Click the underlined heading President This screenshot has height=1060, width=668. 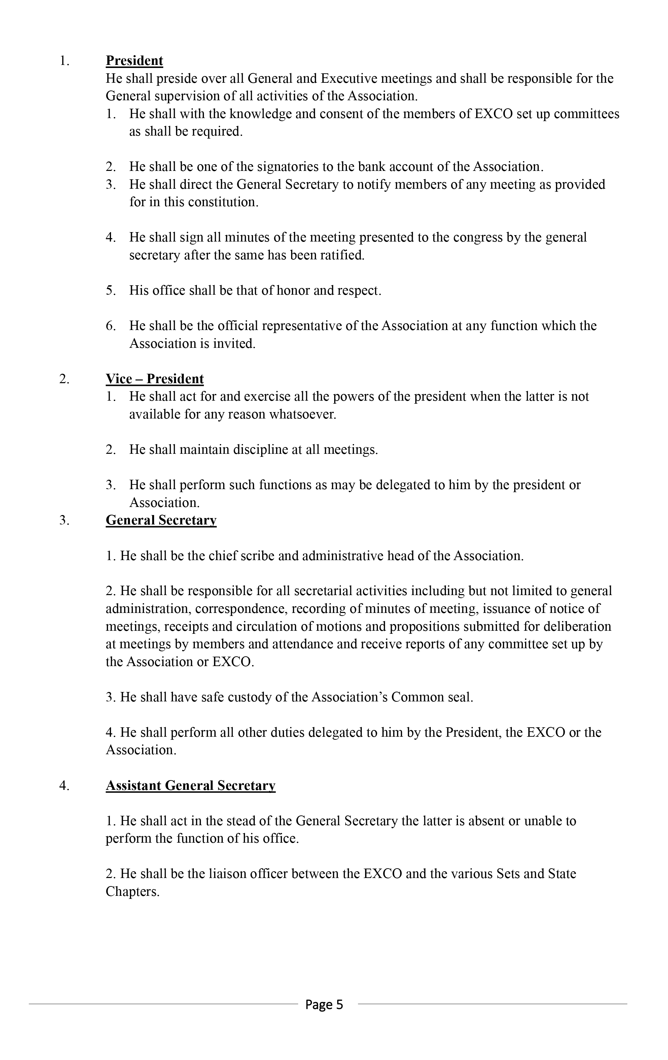(x=134, y=61)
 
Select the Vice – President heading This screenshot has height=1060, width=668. (x=154, y=379)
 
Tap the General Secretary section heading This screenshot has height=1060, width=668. (x=161, y=520)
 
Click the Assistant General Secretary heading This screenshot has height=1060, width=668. (x=190, y=786)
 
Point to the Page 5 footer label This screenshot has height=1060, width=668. (x=324, y=1004)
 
